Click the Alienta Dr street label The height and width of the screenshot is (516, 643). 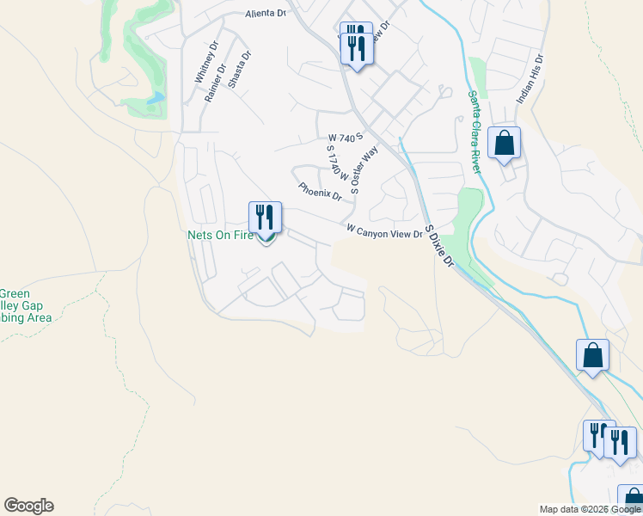[x=265, y=14]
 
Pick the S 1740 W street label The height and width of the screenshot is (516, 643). [x=335, y=162]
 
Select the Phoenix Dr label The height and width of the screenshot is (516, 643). [x=320, y=191]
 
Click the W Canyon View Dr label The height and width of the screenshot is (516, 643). [x=384, y=230]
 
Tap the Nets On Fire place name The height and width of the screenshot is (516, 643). [x=221, y=235]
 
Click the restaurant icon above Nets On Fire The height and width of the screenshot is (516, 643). [x=266, y=218]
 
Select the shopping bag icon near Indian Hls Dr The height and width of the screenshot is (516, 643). [x=504, y=143]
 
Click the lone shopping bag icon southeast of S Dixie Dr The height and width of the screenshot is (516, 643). [x=592, y=355]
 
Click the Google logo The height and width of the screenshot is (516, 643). [x=28, y=506]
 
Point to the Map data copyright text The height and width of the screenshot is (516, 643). [x=590, y=509]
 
